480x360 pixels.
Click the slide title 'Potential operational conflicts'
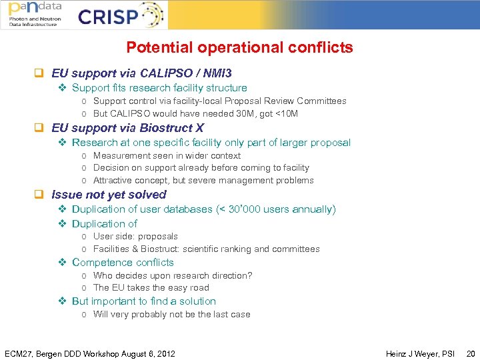[x=239, y=48]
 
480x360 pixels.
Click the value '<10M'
[x=285, y=114]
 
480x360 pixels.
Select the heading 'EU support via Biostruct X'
[x=127, y=128]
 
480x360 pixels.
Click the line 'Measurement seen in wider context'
[x=167, y=155]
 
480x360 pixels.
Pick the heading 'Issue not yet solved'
[x=109, y=195]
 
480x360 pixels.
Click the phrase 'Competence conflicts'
[x=123, y=263]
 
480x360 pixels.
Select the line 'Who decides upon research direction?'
[x=173, y=275]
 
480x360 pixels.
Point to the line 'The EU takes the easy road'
[x=151, y=288]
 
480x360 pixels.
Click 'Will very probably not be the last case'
[x=172, y=315]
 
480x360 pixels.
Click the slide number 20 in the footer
[x=471, y=353]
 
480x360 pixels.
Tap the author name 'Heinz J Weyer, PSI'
[x=420, y=353]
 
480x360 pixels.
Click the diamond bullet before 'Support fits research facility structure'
[x=62, y=88]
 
